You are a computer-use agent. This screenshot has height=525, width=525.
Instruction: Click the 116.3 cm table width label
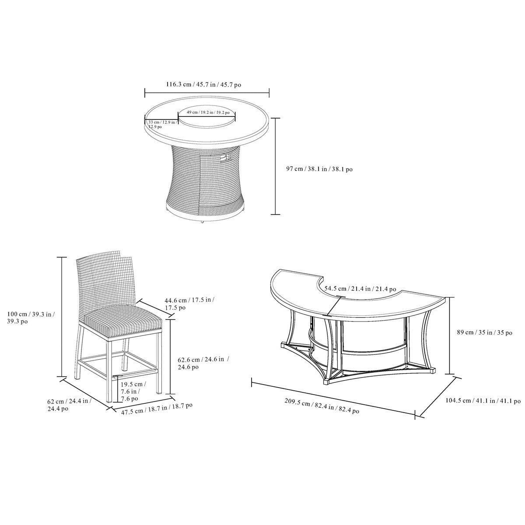point(203,84)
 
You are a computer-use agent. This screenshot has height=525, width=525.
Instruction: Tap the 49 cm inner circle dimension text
point(208,112)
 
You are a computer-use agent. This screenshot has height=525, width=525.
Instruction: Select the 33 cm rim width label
point(162,124)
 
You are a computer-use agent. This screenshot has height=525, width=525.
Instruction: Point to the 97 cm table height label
point(319,169)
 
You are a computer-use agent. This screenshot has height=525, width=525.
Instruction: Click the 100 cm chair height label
point(31,318)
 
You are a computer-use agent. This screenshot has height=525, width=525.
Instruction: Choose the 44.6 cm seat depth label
point(189,304)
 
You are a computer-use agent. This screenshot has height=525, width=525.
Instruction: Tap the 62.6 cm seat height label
point(203,363)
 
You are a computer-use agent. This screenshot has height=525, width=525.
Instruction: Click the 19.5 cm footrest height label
point(133,392)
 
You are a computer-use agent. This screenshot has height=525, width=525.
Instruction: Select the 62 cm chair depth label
point(70,405)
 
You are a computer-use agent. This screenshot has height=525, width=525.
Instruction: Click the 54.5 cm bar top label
point(360,289)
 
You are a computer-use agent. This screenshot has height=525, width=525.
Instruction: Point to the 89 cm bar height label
point(485,332)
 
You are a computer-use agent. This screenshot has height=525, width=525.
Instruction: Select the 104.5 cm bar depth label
point(483,401)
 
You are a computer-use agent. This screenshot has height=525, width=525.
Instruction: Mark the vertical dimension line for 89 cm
point(450,336)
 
